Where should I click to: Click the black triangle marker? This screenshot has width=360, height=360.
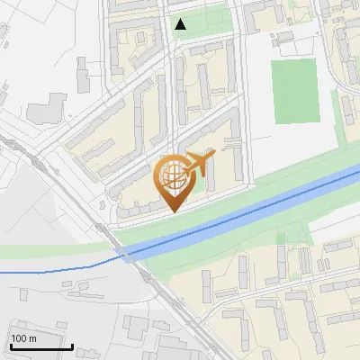[x=181, y=24]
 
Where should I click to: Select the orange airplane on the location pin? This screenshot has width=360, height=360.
[x=200, y=163]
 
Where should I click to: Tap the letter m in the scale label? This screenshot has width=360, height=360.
[x=33, y=338]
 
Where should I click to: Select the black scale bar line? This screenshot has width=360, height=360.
[x=40, y=347]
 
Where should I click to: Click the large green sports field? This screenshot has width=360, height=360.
[x=293, y=91]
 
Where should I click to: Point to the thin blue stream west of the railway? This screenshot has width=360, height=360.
[x=54, y=268]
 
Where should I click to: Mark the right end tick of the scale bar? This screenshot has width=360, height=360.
[x=72, y=346]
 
